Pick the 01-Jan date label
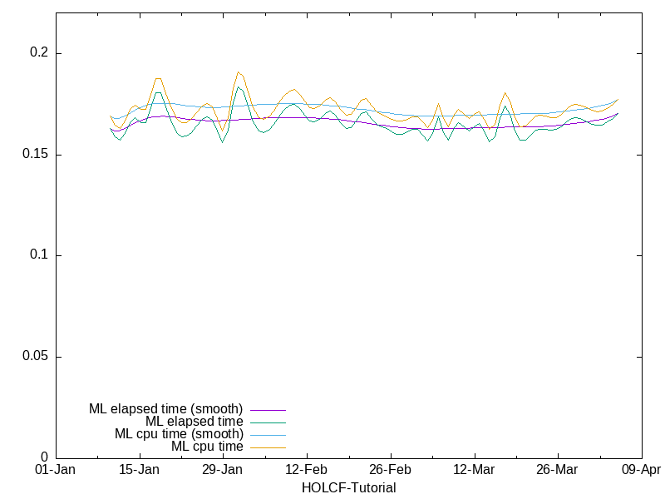(56, 470)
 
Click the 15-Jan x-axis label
(140, 470)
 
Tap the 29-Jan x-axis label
(223, 470)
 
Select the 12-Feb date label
(307, 470)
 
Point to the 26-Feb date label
(391, 470)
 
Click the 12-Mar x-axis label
(474, 470)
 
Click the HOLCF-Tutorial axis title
(348, 487)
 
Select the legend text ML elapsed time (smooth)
(165, 409)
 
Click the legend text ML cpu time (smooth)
(179, 434)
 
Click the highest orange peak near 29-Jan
(239, 72)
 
